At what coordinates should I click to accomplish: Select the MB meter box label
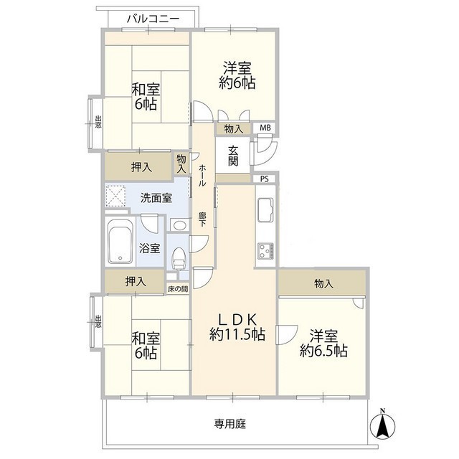pyautogui.click(x=265, y=129)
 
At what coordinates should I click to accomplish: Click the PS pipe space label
pyautogui.click(x=265, y=179)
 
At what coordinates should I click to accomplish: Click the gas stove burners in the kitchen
pyautogui.click(x=265, y=251)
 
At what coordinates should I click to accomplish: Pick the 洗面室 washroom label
pyautogui.click(x=155, y=197)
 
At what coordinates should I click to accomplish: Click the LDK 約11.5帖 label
pyautogui.click(x=237, y=327)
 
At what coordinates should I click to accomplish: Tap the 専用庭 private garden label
pyautogui.click(x=230, y=424)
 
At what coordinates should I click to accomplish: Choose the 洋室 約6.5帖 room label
pyautogui.click(x=323, y=344)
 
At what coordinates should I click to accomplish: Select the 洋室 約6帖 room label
pyautogui.click(x=235, y=75)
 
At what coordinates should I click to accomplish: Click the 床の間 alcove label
pyautogui.click(x=178, y=288)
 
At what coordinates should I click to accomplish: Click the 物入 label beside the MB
pyautogui.click(x=233, y=129)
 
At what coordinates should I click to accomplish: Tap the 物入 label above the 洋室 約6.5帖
pyautogui.click(x=323, y=283)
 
